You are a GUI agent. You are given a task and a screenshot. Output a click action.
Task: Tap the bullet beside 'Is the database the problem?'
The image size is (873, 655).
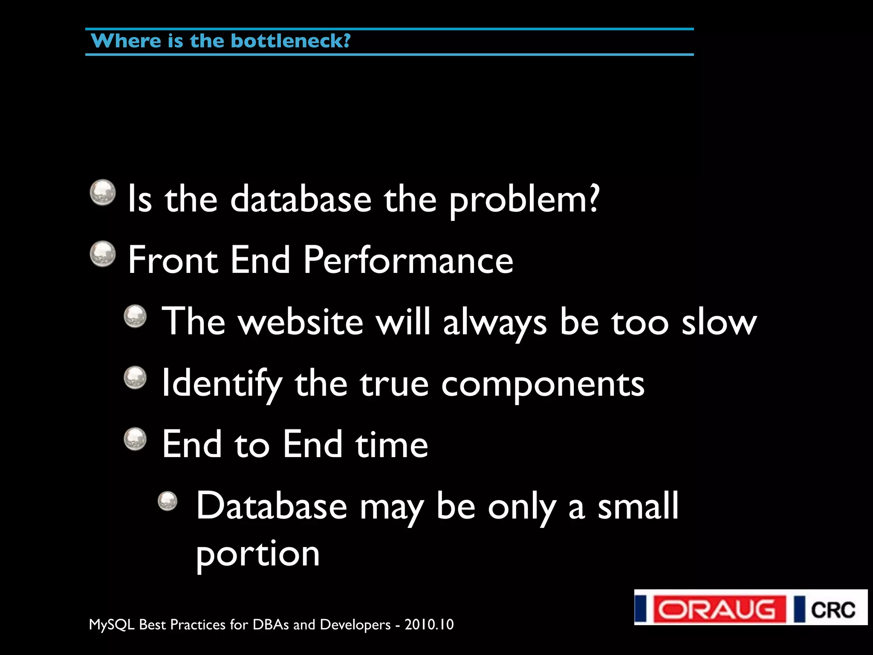[103, 192]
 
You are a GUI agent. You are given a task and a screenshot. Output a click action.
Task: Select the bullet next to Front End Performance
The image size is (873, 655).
[103, 254]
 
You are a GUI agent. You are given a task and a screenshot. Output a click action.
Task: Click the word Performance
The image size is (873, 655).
[408, 260]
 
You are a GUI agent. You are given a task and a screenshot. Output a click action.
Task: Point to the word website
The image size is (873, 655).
[301, 322]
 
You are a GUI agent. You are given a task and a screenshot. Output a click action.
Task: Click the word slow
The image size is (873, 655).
[719, 322]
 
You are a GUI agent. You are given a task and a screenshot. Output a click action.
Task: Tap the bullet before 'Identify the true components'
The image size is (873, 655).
[136, 377]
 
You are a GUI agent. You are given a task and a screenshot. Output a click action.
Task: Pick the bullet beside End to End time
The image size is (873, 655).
[136, 439]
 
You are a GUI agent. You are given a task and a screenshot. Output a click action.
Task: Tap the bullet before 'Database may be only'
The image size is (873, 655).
[168, 501]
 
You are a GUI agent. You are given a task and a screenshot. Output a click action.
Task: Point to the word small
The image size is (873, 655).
[638, 506]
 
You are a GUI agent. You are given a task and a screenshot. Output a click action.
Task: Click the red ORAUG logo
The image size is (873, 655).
[716, 609]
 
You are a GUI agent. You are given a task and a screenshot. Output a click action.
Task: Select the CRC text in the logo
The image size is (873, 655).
[833, 610]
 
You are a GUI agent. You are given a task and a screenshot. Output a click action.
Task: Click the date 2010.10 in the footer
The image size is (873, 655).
[429, 625]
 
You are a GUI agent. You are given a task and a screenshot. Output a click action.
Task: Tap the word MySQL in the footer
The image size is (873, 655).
[112, 625]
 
